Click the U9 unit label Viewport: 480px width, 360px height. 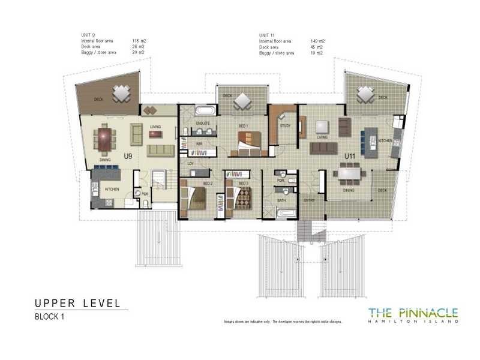[x=127, y=157]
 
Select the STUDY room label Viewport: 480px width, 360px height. [x=285, y=125]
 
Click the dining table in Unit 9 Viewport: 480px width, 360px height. [x=107, y=140]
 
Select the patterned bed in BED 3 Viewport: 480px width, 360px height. [x=243, y=197]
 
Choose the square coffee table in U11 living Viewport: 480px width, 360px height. [x=323, y=127]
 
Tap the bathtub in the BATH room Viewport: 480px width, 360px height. [x=286, y=213]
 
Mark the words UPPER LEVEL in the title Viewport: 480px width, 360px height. [x=77, y=303]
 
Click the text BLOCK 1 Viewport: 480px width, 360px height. [x=50, y=317]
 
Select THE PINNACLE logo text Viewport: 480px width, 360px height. [x=413, y=312]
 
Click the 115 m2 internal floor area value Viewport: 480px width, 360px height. [x=139, y=41]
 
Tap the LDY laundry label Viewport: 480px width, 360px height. [x=191, y=163]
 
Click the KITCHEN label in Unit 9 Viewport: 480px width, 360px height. [x=113, y=189]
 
